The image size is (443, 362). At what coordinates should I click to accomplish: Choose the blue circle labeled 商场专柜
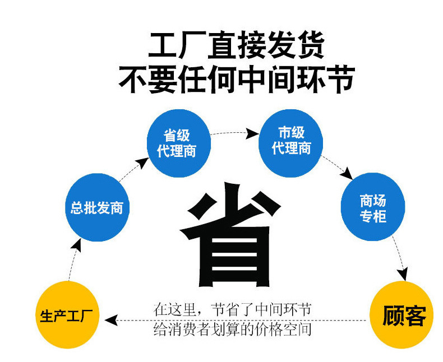pyautogui.click(x=372, y=208)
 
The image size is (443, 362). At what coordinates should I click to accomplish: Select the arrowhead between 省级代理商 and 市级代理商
pyautogui.click(x=253, y=133)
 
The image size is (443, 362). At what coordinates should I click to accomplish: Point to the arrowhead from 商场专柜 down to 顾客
pyautogui.click(x=402, y=273)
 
